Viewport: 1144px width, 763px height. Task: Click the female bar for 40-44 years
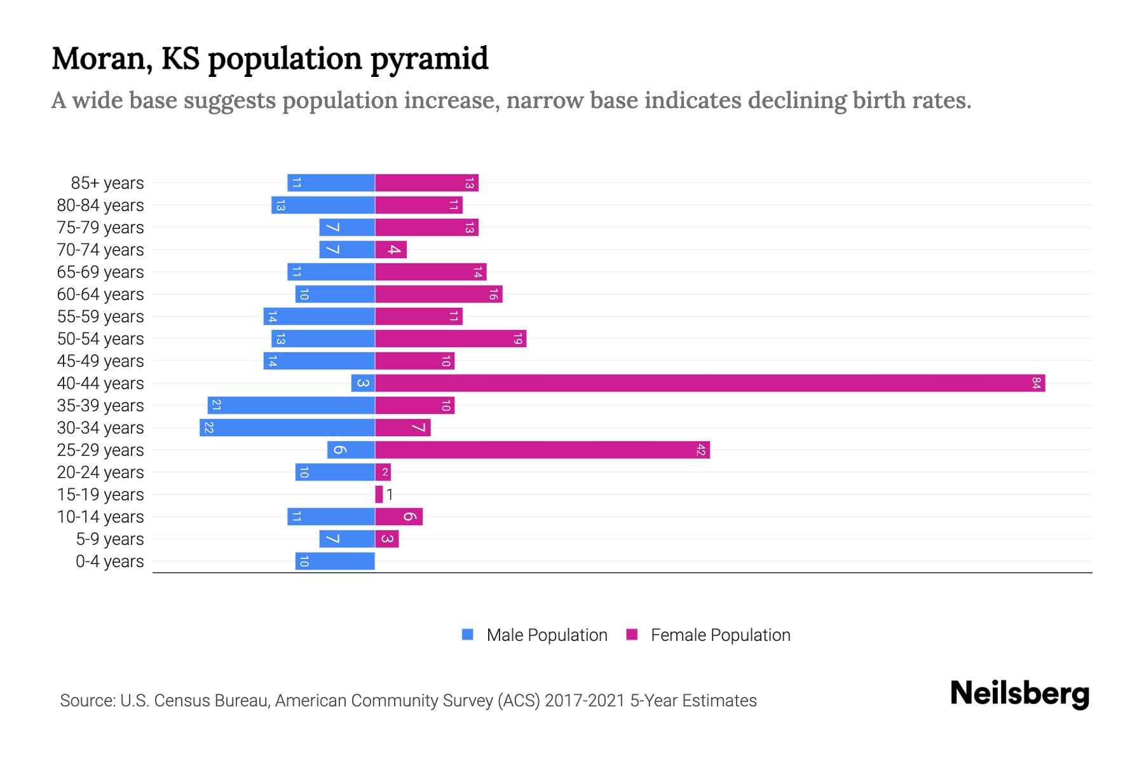(710, 383)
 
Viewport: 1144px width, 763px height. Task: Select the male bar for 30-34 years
(287, 428)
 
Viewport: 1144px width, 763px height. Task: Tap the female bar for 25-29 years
(542, 450)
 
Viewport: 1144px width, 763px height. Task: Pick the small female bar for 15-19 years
(379, 495)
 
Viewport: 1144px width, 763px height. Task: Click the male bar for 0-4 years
(335, 561)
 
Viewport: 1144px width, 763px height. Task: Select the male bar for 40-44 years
(363, 383)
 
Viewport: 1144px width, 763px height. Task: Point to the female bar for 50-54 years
(451, 339)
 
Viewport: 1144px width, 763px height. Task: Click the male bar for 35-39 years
(291, 406)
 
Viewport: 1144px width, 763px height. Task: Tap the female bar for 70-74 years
(391, 250)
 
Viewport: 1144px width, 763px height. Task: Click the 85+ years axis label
(107, 183)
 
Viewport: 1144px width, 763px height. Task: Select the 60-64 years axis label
(100, 294)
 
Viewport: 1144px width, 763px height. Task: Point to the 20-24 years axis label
(100, 472)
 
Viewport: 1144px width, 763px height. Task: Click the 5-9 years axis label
(110, 539)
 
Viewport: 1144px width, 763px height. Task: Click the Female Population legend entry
(709, 635)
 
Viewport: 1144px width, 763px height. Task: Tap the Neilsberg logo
(1019, 694)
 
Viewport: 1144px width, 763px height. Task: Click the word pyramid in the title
(429, 58)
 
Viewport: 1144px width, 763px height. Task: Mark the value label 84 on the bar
(1036, 383)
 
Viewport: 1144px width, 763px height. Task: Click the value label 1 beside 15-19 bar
(390, 495)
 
